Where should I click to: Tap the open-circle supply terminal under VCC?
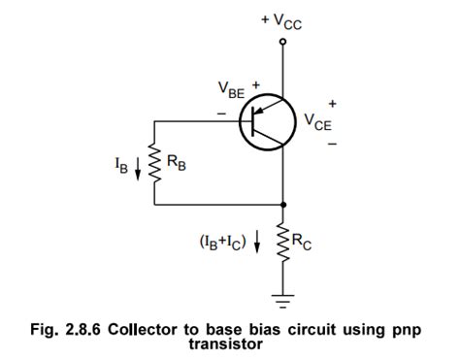[x=282, y=42]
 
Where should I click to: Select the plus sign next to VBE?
[x=257, y=85]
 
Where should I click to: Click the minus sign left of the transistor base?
[x=220, y=114]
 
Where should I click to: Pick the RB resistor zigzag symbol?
[x=155, y=164]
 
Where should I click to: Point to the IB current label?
[x=119, y=164]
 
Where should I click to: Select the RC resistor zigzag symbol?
[x=282, y=242]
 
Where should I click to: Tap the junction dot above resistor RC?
[x=282, y=205]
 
